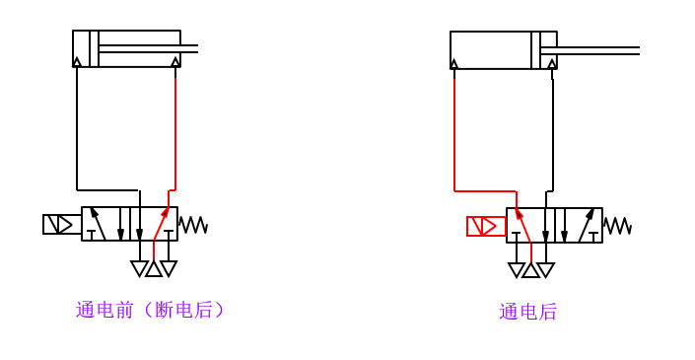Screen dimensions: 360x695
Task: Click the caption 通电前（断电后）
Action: pos(151,310)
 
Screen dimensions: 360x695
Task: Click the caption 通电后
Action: pos(527,312)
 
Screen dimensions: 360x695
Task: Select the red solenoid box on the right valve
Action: pos(486,226)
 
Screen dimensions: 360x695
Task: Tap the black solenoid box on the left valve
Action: pos(62,224)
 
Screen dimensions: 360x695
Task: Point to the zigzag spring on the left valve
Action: pos(193,225)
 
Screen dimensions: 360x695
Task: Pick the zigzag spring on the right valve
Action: pos(617,226)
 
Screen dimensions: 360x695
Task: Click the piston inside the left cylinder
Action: pos(94,48)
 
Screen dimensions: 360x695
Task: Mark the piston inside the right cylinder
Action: pos(535,50)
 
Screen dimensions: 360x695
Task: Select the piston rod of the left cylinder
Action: pos(148,48)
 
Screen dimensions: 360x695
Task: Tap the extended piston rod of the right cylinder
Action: pos(597,50)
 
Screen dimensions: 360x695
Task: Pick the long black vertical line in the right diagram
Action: pos(553,133)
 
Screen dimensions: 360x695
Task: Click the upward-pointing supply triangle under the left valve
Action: pos(154,268)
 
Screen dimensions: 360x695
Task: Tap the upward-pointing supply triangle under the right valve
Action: pos(530,269)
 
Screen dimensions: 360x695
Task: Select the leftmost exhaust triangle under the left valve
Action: pos(139,268)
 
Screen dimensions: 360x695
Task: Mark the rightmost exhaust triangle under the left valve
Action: pos(169,268)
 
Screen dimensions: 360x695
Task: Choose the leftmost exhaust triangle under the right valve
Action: pos(516,269)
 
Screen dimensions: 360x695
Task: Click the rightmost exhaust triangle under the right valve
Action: pos(545,269)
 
